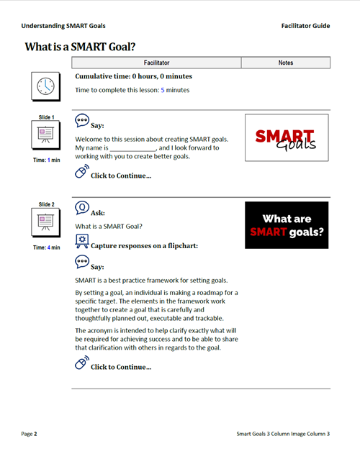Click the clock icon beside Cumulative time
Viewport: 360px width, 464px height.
click(45, 86)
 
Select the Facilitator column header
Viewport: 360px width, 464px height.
click(156, 63)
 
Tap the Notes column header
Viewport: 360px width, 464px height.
click(286, 63)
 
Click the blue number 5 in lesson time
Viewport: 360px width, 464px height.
click(163, 90)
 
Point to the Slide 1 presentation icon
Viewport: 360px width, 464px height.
click(45, 135)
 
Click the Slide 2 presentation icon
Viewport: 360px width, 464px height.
click(45, 222)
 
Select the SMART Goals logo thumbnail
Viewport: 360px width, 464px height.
click(287, 137)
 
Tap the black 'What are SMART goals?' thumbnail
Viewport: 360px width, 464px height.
click(287, 225)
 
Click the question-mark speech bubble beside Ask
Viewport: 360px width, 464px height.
click(81, 208)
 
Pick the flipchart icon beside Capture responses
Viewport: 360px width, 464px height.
click(82, 241)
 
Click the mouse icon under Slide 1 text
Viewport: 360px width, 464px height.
click(81, 172)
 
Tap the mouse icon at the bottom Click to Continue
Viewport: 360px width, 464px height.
click(81, 363)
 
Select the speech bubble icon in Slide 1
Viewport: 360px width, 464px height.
click(81, 121)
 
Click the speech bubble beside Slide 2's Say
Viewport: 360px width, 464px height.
click(81, 262)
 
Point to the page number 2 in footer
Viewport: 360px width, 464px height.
click(35, 434)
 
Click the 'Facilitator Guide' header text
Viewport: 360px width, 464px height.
click(305, 26)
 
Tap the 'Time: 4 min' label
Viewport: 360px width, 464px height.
click(47, 247)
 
